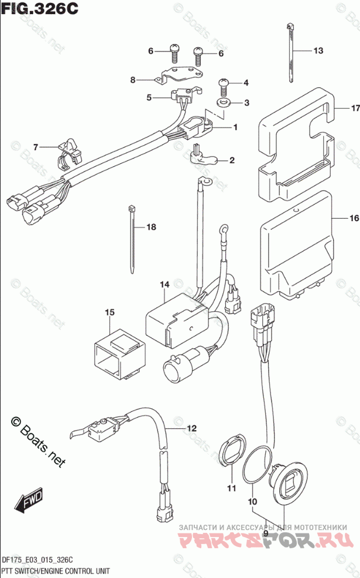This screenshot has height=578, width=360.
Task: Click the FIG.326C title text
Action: [39, 10]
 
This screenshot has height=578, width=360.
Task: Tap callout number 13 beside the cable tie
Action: [317, 51]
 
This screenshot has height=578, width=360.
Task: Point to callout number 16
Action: [353, 219]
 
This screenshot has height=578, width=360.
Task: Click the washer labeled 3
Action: [224, 103]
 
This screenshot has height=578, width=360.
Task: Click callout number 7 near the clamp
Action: [35, 146]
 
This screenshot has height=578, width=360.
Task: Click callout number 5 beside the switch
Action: [149, 98]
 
